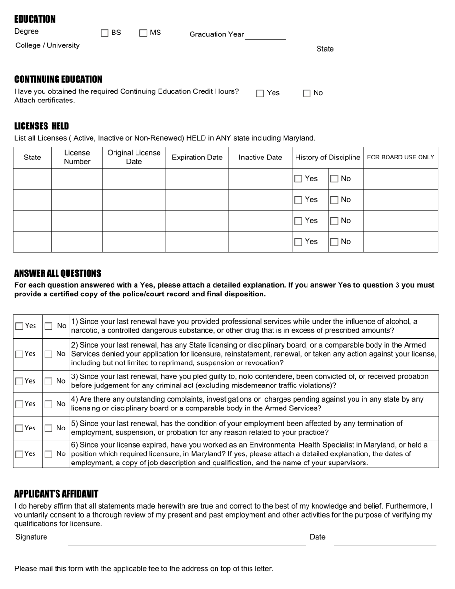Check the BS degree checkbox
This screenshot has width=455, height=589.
point(104,33)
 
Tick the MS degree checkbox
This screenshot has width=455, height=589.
point(143,33)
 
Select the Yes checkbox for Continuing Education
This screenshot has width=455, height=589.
point(260,93)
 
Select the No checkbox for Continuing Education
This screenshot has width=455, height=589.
point(307,93)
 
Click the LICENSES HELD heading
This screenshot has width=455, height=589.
point(42,126)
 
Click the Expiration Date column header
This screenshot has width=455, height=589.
point(197,158)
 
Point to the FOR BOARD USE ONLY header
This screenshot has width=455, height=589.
point(400,158)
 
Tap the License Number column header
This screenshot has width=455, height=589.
point(77,158)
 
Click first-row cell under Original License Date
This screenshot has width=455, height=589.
point(134,179)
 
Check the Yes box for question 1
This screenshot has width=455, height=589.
point(19,326)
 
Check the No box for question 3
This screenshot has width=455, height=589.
point(48,381)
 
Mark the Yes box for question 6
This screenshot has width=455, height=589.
point(19,454)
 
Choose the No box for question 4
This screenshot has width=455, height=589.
point(48,404)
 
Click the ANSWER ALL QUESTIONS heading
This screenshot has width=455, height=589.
point(57,273)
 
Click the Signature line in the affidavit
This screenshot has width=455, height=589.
point(187,541)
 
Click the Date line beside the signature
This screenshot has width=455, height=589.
point(385,541)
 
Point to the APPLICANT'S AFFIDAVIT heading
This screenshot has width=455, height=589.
point(56,494)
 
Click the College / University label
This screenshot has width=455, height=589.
point(47,45)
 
